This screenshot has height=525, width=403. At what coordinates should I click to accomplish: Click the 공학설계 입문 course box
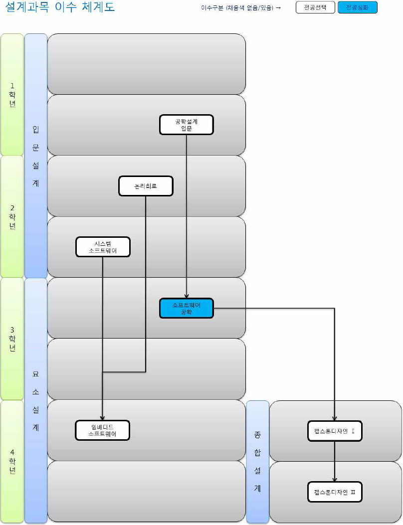[x=187, y=125]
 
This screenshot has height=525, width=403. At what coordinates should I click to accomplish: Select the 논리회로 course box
[x=146, y=186]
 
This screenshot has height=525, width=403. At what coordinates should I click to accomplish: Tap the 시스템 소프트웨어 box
[x=103, y=247]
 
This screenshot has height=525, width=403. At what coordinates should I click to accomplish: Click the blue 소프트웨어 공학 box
[x=187, y=308]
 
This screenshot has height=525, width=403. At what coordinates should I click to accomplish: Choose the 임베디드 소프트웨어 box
[x=103, y=430]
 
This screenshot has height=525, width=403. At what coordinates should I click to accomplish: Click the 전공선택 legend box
[x=315, y=7]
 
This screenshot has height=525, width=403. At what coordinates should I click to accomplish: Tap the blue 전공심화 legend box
[x=357, y=7]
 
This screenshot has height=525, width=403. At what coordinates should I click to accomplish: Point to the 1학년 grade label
[x=12, y=95]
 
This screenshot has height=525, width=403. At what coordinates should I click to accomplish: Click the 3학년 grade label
[x=12, y=339]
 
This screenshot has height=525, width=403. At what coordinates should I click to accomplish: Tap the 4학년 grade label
[x=12, y=461]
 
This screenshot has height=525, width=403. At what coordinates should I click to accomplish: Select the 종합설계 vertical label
[x=258, y=461]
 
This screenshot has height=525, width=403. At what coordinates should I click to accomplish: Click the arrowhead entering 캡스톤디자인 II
[x=334, y=479]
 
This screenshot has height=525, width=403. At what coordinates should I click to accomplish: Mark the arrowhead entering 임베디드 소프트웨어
[x=103, y=418]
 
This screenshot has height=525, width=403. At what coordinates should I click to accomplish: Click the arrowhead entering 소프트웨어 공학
[x=187, y=296]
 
